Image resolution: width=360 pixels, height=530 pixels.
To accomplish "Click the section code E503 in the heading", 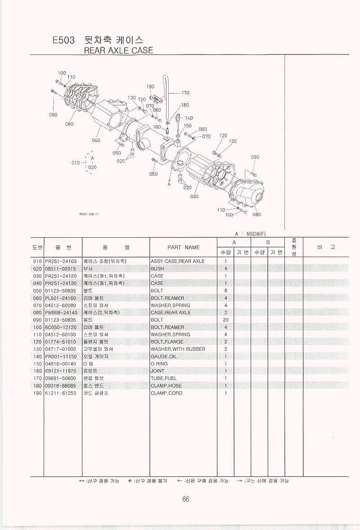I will tap(63, 41).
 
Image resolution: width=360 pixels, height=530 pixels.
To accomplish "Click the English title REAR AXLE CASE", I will tap(119, 50).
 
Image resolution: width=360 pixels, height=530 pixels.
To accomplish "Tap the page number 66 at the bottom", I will tap(185, 499).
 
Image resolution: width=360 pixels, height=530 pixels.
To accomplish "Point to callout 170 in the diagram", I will tap(185, 93).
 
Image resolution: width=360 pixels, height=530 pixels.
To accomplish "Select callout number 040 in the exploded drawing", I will tap(96, 140).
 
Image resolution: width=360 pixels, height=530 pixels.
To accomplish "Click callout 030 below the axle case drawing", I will tap(194, 196).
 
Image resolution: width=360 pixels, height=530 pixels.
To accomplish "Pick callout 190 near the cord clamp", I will tap(150, 87).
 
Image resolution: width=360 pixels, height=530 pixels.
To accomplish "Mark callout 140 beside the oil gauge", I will tap(189, 118).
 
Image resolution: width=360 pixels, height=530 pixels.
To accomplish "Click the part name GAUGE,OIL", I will tap(164, 356).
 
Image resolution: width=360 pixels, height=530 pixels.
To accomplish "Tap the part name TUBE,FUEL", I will tap(163, 378).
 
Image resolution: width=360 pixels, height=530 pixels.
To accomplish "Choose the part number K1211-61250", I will tap(61, 393).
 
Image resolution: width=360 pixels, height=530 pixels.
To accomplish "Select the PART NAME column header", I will tap(183, 247).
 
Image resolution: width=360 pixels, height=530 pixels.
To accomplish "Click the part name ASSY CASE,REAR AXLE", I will tap(177, 261).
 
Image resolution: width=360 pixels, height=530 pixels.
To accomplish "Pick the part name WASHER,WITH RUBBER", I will tap(178, 349).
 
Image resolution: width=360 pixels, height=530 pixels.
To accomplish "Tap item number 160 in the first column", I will tap(37, 371).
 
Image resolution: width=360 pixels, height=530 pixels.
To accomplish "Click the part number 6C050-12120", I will tap(61, 327).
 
